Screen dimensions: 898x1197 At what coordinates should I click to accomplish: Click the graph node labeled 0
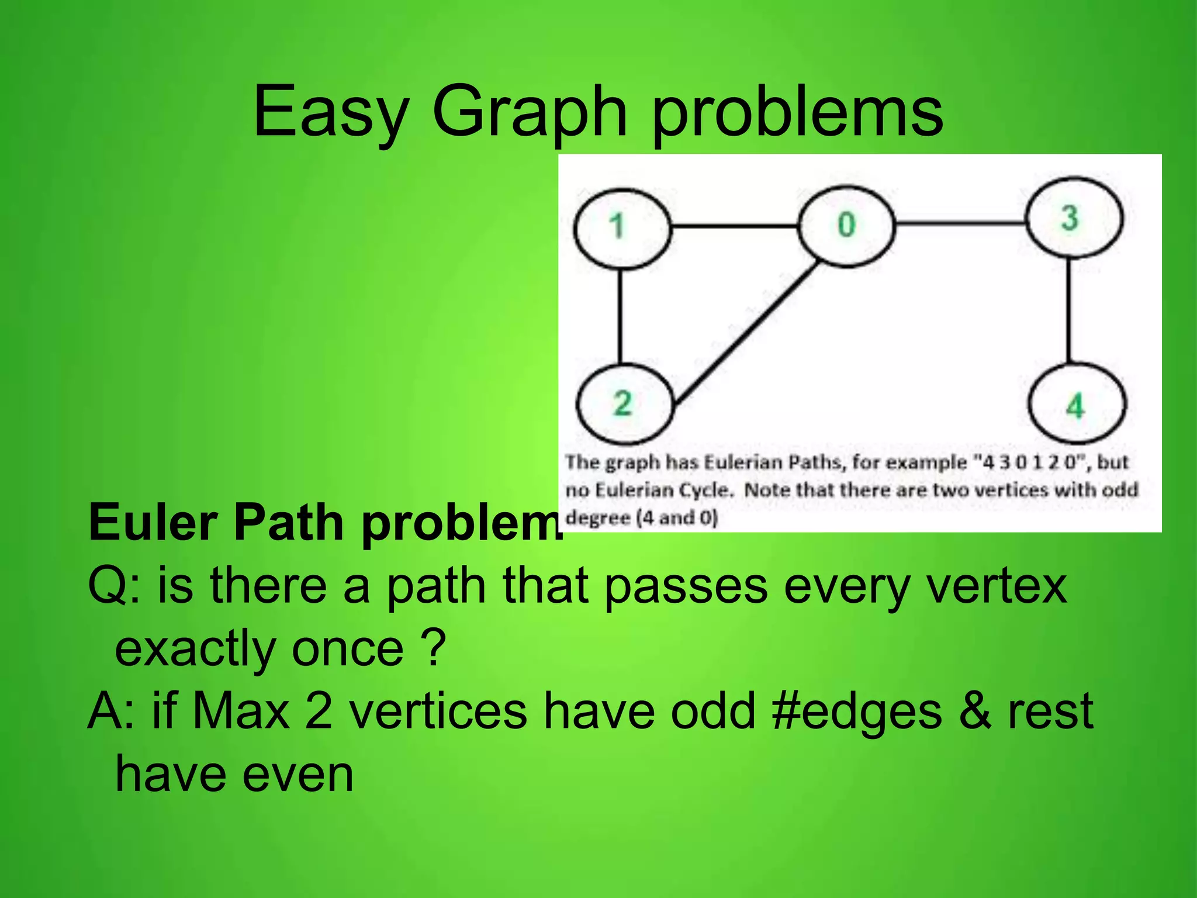[846, 225]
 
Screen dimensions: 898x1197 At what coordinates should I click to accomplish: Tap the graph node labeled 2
[624, 403]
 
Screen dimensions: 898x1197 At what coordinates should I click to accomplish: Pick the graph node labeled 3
[1074, 218]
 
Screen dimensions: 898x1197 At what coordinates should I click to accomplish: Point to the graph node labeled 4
[1077, 405]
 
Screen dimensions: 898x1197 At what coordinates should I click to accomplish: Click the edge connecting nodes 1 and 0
[734, 225]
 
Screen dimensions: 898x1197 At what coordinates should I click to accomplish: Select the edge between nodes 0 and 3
[961, 222]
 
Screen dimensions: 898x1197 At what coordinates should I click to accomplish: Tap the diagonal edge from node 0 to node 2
[745, 333]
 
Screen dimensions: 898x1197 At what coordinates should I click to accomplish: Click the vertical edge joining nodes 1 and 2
[620, 316]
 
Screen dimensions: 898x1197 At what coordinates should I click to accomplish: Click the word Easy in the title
[330, 111]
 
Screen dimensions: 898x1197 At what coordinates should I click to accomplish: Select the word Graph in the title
[529, 111]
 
